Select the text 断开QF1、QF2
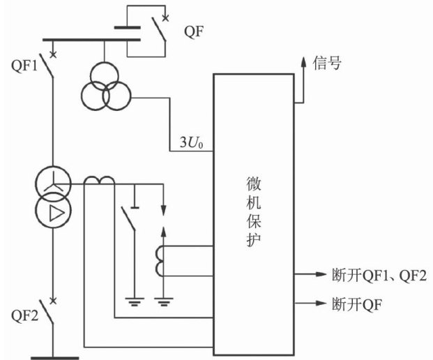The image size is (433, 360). [376, 273]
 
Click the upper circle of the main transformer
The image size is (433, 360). [55, 186]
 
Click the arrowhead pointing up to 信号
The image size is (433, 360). [302, 61]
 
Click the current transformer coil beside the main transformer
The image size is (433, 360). [99, 181]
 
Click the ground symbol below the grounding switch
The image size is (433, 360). [132, 302]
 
